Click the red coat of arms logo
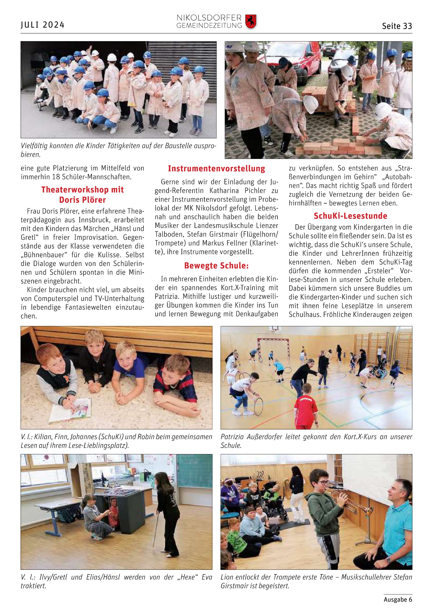[x=251, y=22]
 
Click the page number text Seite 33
[x=397, y=26]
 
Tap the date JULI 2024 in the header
[x=43, y=25]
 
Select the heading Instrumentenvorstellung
[x=216, y=169]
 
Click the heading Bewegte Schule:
[x=216, y=266]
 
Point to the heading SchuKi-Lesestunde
[x=350, y=216]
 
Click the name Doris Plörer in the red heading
[x=82, y=200]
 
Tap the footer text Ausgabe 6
[x=398, y=599]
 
